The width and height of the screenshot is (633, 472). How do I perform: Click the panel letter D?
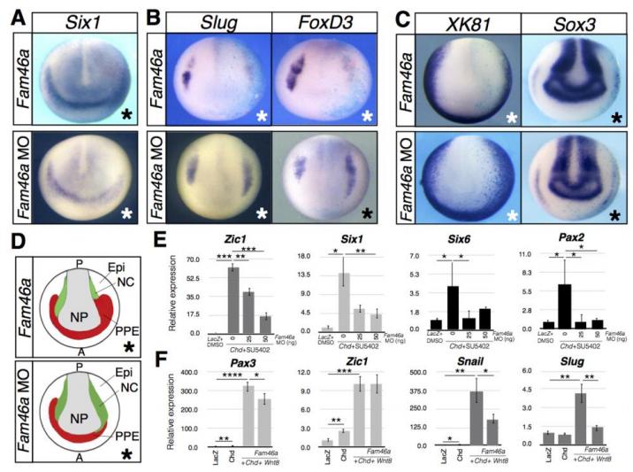pos(11,218)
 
